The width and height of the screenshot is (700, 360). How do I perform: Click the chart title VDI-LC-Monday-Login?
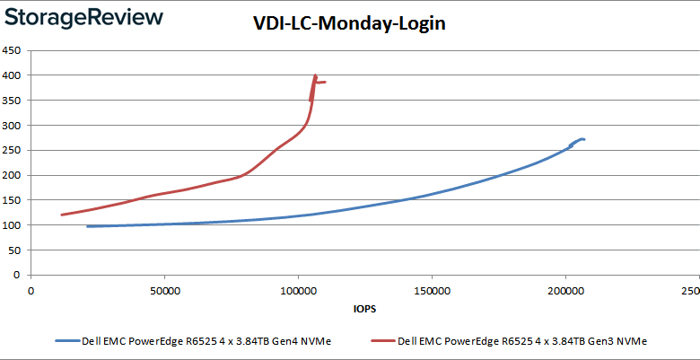pyautogui.click(x=349, y=24)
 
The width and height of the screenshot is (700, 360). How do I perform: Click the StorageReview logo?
pyautogui.click(x=82, y=17)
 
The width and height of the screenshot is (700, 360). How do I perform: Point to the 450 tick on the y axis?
pyautogui.click(x=12, y=50)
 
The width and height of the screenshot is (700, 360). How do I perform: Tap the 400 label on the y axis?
pyautogui.click(x=12, y=75)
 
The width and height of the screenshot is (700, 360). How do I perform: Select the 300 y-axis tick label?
pyautogui.click(x=12, y=126)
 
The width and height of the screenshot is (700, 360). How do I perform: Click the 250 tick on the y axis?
pyautogui.click(x=12, y=151)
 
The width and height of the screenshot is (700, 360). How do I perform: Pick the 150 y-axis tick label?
pyautogui.click(x=12, y=200)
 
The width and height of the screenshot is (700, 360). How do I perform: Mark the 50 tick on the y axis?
pyautogui.click(x=14, y=250)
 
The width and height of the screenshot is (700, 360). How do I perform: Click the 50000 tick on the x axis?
pyautogui.click(x=164, y=291)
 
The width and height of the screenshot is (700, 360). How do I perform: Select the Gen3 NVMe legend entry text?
pyautogui.click(x=522, y=341)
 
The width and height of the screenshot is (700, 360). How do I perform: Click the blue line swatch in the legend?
pyautogui.click(x=66, y=341)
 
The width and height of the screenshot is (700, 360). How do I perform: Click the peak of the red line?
pyautogui.click(x=315, y=75)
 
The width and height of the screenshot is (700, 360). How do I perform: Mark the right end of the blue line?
pyautogui.click(x=584, y=139)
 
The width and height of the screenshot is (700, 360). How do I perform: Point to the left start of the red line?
pyautogui.click(x=61, y=215)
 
